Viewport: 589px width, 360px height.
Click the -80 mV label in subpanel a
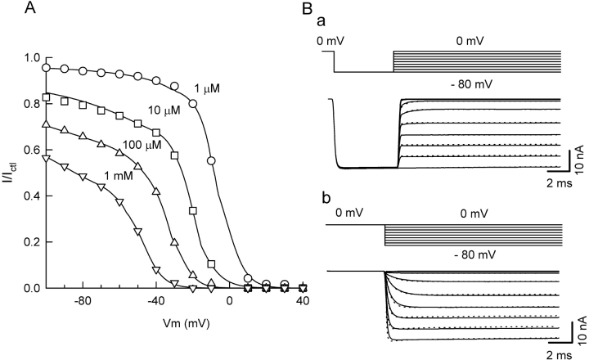tap(469, 83)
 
